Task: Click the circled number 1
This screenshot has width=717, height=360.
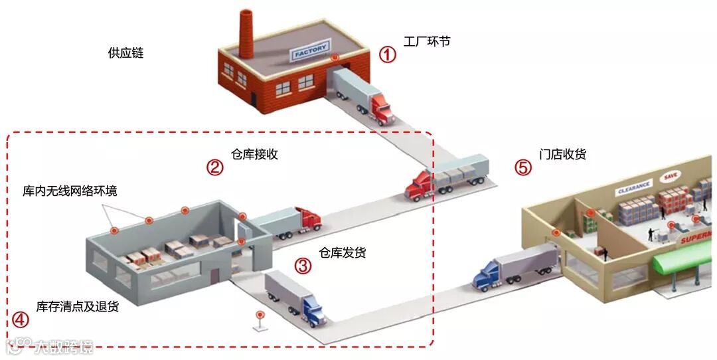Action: [387, 54]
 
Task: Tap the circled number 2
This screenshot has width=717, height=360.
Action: [214, 167]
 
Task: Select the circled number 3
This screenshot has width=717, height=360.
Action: [303, 266]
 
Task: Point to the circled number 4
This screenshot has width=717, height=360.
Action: [21, 319]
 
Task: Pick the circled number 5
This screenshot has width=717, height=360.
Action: [524, 167]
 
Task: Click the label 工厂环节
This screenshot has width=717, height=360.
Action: [427, 41]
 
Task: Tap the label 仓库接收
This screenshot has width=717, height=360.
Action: [254, 154]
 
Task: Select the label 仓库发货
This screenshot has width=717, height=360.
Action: [342, 252]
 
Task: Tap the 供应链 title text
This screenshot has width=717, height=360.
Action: [125, 52]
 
